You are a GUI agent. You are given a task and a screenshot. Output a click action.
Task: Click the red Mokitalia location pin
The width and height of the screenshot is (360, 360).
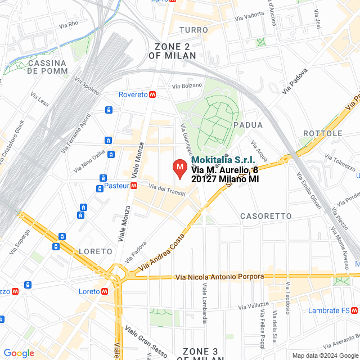[179, 168]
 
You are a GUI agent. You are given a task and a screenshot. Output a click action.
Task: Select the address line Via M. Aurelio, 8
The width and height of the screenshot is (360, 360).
[224, 170]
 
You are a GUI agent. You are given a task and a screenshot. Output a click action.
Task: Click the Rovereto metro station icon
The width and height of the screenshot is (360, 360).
[152, 94]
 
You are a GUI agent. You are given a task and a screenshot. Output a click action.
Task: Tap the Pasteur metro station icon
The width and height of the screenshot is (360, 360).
[134, 186]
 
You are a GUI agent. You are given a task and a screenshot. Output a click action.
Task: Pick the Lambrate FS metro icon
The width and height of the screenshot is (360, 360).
[354, 310]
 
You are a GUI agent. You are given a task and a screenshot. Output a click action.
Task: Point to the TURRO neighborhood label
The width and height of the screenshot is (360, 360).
[193, 29]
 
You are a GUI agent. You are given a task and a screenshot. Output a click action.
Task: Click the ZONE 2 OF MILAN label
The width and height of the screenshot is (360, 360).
[172, 51]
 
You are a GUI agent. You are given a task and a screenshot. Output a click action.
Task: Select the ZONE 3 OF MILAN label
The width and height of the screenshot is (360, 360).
[200, 354]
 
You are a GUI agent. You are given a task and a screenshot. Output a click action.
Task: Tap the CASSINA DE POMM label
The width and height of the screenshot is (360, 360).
[47, 67]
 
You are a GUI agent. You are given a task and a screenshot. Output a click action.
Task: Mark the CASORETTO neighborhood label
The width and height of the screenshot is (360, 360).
[265, 216]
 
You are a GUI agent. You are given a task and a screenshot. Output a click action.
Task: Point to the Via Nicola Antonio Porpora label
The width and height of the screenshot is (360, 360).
[219, 277]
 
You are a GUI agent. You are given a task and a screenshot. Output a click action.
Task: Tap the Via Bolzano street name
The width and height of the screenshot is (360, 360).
[186, 86]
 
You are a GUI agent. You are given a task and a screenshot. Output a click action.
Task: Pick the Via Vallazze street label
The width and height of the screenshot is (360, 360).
[254, 305]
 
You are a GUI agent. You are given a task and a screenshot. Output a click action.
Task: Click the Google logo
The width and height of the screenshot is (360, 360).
[19, 353]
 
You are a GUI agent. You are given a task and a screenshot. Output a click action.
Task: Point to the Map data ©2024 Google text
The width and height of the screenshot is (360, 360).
[325, 355]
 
